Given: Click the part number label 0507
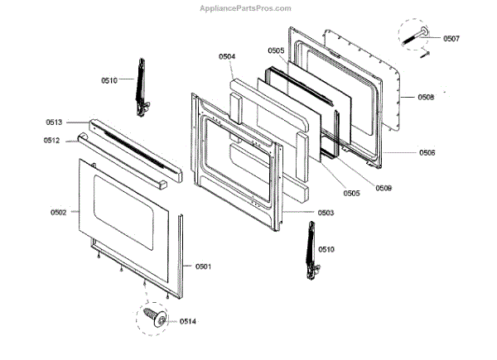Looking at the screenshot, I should pyautogui.click(x=451, y=38).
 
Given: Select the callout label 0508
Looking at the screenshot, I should pyautogui.click(x=426, y=98).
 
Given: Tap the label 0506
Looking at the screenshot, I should pyautogui.click(x=427, y=153).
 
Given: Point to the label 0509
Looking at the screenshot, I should pyautogui.click(x=383, y=188).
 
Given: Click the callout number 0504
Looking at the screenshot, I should pyautogui.click(x=226, y=56).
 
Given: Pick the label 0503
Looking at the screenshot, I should pyautogui.click(x=326, y=213).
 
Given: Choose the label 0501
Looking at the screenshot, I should pyautogui.click(x=203, y=266).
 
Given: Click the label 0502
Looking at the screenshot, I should pyautogui.click(x=58, y=213).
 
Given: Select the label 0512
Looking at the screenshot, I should pyautogui.click(x=51, y=141).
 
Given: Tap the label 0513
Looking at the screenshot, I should pyautogui.click(x=54, y=122).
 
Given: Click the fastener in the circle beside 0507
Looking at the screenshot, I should pyautogui.click(x=417, y=36).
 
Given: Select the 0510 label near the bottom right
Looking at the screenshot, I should pyautogui.click(x=326, y=248).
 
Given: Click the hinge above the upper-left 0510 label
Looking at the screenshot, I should pyautogui.click(x=142, y=86).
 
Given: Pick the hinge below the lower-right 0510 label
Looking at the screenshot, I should pyautogui.click(x=311, y=252).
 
